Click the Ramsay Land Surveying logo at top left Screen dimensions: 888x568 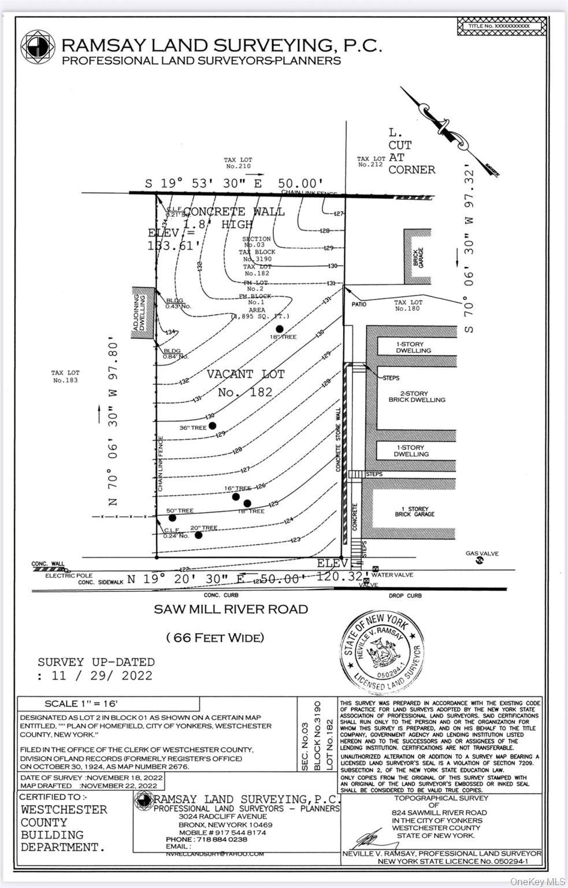(38, 47)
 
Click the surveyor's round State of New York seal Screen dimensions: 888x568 (383, 652)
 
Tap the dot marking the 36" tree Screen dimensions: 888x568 (212, 425)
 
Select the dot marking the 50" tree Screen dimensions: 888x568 (172, 517)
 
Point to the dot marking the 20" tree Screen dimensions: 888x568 (199, 535)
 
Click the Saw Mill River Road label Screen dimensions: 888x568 (231, 609)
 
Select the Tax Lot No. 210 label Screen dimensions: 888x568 (239, 163)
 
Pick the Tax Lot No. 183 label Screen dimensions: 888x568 (65, 377)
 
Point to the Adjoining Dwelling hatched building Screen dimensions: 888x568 (143, 312)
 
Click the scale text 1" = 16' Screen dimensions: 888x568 (81, 704)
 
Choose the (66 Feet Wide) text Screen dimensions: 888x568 (215, 638)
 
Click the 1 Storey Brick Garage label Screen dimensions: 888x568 (414, 512)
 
